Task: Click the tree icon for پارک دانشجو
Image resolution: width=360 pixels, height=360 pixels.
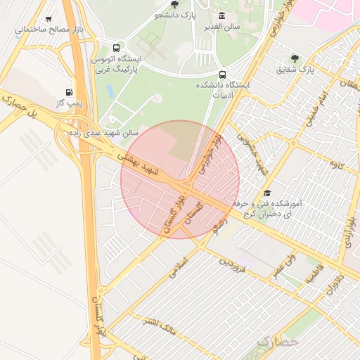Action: (174, 4)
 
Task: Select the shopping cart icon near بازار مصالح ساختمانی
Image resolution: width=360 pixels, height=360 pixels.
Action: (48, 19)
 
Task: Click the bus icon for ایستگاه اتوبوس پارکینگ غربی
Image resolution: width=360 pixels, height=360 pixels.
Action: (115, 47)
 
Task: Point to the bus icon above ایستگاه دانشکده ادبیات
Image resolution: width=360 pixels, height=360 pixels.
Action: (223, 75)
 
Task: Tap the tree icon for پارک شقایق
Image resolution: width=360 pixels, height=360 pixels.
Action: (294, 58)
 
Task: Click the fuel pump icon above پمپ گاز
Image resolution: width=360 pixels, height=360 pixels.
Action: (68, 92)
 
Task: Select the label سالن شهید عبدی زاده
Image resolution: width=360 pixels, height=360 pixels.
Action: (104, 132)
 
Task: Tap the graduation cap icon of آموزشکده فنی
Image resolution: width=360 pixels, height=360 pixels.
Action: (266, 193)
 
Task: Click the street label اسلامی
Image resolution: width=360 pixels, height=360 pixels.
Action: (179, 259)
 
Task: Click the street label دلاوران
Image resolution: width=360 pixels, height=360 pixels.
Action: (332, 282)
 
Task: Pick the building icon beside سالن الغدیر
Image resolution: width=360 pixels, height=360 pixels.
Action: (222, 15)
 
